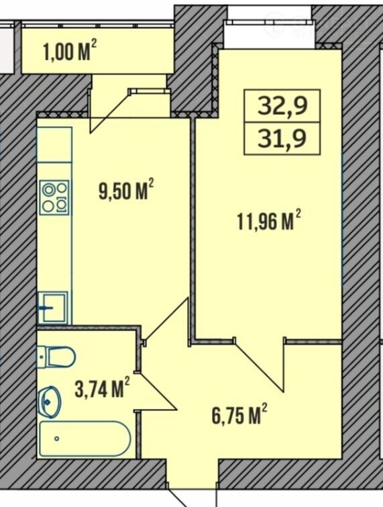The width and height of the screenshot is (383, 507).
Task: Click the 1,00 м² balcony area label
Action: coord(70,52)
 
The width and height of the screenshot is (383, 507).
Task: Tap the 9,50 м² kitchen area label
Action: coord(126,191)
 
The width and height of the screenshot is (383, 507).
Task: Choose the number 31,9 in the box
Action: coord(282,138)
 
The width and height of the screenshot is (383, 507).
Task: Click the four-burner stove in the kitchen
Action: coord(54,197)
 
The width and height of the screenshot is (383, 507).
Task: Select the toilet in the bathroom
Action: coord(56,357)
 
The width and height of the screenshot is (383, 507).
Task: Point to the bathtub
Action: coord(85,439)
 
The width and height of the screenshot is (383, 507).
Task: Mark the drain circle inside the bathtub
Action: coord(57,439)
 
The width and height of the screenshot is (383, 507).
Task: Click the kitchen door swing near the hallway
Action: coord(166,321)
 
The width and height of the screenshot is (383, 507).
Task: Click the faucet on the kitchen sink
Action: coord(45,308)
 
